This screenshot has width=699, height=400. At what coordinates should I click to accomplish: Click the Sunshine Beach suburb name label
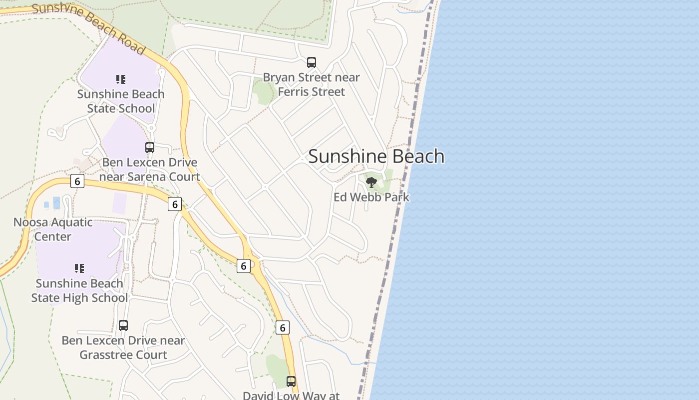pos(376,156)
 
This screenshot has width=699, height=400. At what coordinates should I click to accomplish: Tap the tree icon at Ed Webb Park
pos(371,182)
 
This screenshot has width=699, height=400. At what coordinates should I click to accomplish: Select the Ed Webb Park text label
pos(371,197)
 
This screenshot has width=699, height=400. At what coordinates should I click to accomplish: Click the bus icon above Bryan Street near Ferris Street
pos(312,62)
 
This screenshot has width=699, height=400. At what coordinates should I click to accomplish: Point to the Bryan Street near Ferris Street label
pos(311,84)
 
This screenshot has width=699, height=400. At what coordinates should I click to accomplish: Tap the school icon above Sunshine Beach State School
pos(120,79)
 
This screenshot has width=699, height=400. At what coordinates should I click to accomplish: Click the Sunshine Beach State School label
pos(120,101)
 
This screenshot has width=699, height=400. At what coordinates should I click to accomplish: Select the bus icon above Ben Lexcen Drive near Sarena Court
pos(150,147)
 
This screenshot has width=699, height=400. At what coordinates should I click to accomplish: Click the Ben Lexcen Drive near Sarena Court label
pos(150,169)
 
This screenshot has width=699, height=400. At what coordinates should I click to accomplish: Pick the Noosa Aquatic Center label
pos(53,229)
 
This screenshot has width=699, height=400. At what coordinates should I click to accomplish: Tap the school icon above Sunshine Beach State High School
pos(79,268)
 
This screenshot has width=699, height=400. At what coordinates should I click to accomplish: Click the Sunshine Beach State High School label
pos(79,290)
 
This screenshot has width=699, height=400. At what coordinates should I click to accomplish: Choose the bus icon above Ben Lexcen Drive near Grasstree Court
pos(123,325)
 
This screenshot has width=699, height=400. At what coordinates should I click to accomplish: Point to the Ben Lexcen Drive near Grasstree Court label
pos(123,347)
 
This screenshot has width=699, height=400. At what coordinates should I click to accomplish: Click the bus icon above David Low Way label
pos(291,381)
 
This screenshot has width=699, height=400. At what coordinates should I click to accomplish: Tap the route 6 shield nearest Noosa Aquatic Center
pos(77,181)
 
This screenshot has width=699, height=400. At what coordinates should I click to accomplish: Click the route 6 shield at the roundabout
pos(243,266)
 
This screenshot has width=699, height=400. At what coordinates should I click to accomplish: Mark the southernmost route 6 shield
pos(282,327)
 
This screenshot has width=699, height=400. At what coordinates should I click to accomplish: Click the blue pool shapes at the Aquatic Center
pos(53,203)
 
